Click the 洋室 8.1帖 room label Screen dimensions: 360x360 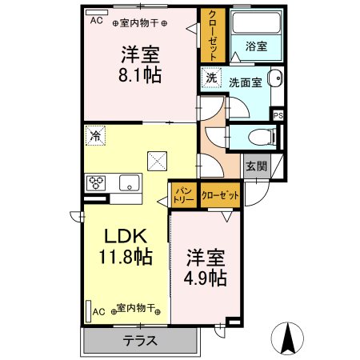[140, 65]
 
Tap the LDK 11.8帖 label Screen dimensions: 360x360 [126, 246]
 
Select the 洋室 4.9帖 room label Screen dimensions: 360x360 [206, 268]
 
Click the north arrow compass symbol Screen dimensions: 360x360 [287, 338]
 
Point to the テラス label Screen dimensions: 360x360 [140, 341]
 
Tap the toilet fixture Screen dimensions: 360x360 [262, 138]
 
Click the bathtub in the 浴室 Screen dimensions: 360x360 [256, 22]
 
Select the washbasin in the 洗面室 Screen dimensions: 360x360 [276, 78]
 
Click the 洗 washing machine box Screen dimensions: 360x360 [211, 78]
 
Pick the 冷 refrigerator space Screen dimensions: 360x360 [95, 136]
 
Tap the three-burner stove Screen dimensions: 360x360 [96, 183]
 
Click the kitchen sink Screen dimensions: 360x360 [130, 182]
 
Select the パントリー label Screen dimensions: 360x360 [184, 195]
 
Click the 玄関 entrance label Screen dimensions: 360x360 [256, 166]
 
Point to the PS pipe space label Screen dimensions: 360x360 [278, 116]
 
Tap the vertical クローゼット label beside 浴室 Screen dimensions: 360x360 [213, 35]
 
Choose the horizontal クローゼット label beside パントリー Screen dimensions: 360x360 [220, 195]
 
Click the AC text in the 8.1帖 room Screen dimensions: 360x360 [96, 20]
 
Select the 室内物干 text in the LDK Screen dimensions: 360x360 [136, 308]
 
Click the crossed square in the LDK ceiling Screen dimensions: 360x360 [158, 161]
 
